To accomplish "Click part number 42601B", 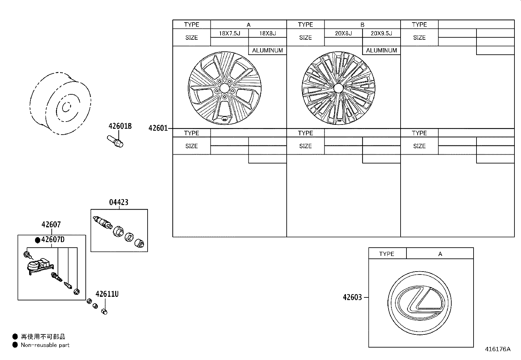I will [x=120, y=126].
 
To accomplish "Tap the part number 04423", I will [x=118, y=202].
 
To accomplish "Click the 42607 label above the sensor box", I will [x=51, y=225].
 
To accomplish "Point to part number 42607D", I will [x=53, y=240].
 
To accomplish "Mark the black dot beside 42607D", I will [x=38, y=240].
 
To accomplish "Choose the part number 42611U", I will [x=107, y=294].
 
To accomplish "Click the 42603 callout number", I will [x=352, y=297].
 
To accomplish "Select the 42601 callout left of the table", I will [x=158, y=128].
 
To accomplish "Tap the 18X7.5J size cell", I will [x=229, y=33].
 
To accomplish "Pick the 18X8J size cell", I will [x=267, y=33].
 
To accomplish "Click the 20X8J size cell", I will [x=343, y=33].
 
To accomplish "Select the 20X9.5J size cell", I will [x=381, y=33].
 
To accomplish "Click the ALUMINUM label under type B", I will [x=381, y=50].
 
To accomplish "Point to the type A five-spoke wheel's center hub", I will [x=224, y=88].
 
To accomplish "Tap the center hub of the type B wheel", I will [x=338, y=88].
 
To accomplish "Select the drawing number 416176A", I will [x=497, y=349].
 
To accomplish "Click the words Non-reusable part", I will [x=45, y=345].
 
